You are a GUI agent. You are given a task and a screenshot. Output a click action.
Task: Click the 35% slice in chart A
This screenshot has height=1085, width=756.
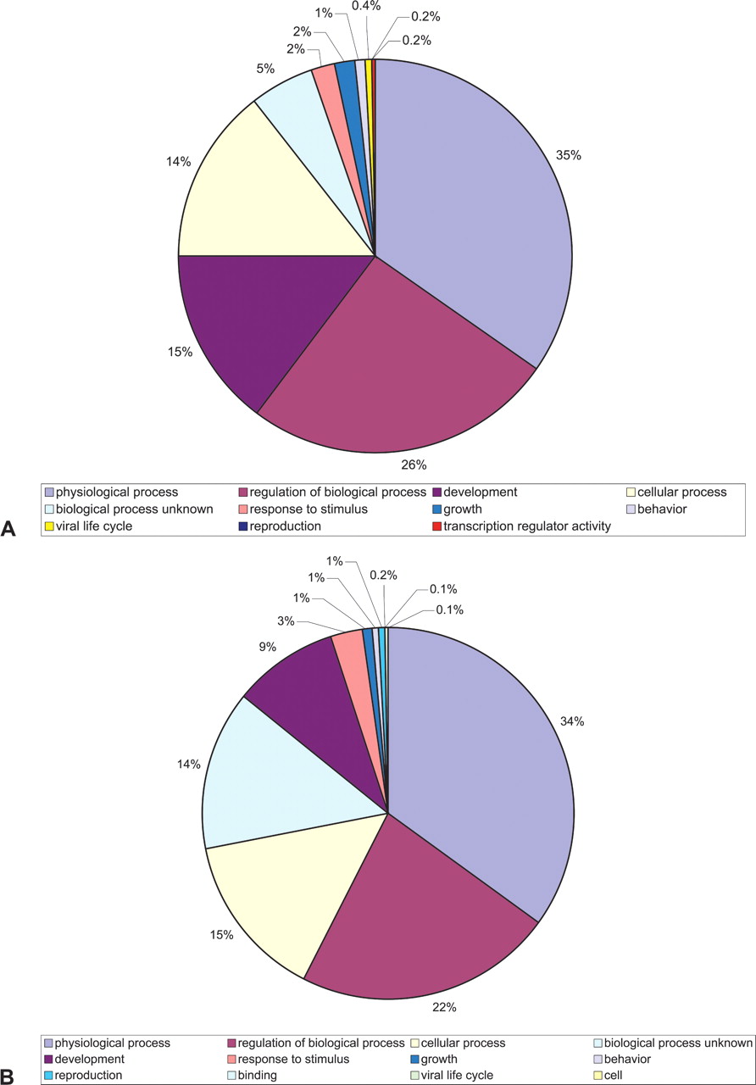pos(475,212)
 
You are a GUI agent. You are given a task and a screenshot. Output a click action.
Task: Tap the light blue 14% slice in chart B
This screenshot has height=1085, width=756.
pos(271,780)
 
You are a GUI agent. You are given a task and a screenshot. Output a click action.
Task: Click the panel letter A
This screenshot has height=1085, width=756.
pos(9,528)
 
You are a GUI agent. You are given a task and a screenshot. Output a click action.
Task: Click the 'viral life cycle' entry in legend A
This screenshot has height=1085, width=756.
pos(96,526)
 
